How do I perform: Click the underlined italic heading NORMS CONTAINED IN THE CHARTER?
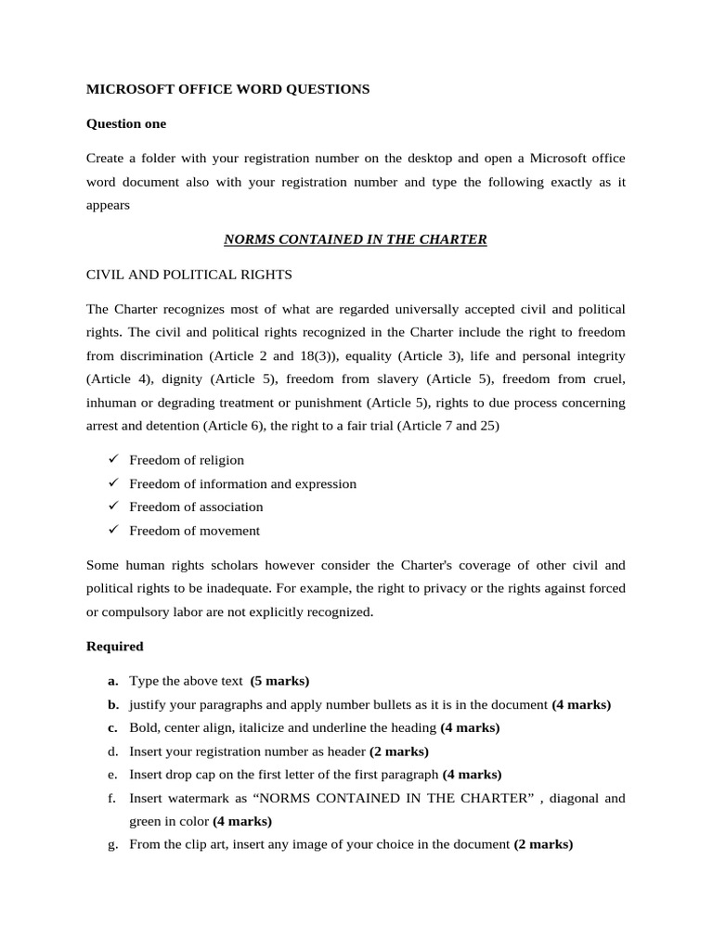point(356,239)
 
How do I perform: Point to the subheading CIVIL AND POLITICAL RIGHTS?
point(189,274)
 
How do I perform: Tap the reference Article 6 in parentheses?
point(236,427)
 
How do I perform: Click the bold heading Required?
point(115,646)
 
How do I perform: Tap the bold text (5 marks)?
point(280,681)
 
